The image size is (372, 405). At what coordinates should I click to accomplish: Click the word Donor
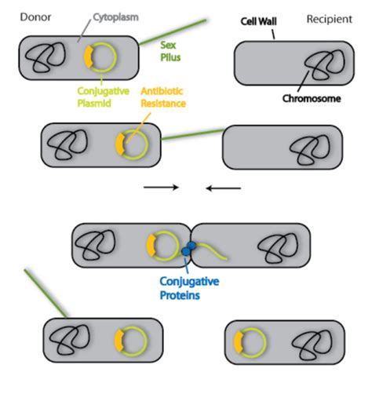tap(35, 17)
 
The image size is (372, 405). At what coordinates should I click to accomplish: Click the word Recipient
tap(330, 20)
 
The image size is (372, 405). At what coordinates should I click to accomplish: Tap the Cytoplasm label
tap(115, 18)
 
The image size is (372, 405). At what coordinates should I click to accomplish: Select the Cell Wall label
tap(258, 21)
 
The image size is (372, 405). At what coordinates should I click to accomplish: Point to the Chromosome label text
tap(312, 99)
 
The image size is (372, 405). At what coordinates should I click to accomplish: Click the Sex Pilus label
tap(170, 51)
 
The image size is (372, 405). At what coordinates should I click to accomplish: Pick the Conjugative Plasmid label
tap(104, 97)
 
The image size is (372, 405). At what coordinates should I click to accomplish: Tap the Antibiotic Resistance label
tap(163, 97)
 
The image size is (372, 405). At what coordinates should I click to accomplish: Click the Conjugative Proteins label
tap(189, 288)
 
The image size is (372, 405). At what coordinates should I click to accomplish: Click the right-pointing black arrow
tap(161, 187)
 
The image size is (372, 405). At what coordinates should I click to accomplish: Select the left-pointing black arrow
tap(223, 188)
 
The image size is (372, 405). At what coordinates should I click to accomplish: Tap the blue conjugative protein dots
tap(189, 249)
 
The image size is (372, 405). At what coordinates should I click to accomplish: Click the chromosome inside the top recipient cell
tap(324, 65)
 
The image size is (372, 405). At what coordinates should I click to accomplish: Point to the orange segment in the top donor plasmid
tap(88, 57)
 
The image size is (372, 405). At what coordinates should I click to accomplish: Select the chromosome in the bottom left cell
tap(70, 340)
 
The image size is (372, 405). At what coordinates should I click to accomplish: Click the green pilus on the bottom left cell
tap(46, 294)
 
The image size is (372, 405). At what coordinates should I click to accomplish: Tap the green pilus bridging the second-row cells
tap(193, 134)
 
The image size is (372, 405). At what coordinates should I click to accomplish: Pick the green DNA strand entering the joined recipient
tap(211, 250)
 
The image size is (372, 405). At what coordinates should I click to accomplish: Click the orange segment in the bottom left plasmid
tap(119, 341)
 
